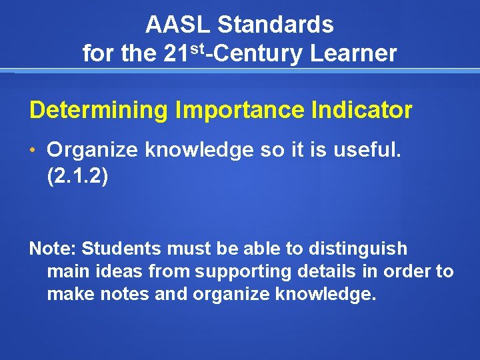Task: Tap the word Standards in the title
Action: (275, 25)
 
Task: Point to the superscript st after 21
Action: (196, 47)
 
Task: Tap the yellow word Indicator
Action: (363, 111)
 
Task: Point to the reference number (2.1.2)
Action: (77, 177)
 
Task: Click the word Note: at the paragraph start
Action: (53, 249)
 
